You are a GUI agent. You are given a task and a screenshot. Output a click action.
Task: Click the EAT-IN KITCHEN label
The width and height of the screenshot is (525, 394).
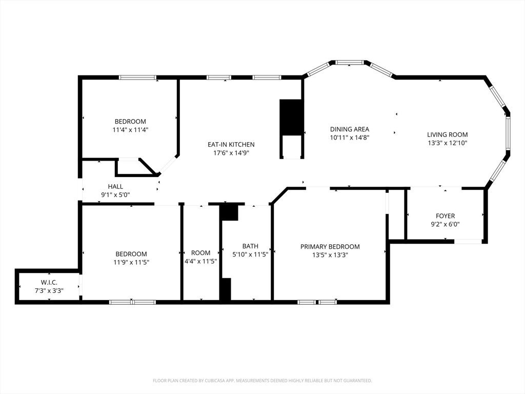pos(231,145)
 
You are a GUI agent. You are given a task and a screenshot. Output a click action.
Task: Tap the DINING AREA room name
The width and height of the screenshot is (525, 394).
pos(349,129)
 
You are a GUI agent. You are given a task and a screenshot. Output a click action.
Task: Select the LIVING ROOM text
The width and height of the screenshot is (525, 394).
pos(447,134)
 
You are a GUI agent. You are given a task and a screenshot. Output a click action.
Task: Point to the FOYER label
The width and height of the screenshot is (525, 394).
pos(445,216)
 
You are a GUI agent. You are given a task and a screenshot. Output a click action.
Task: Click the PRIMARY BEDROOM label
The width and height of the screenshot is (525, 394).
pos(330,247)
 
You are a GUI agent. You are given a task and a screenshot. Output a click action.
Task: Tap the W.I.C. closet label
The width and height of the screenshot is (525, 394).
pos(49,283)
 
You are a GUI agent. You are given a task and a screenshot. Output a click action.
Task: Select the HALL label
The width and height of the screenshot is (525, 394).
pos(115,187)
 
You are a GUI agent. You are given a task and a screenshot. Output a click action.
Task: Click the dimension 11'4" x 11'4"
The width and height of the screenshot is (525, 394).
pos(130,130)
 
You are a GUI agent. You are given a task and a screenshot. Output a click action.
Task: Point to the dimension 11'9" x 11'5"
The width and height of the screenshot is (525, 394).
pos(131,262)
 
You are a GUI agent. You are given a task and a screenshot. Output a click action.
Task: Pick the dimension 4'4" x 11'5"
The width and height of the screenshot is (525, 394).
pos(200,261)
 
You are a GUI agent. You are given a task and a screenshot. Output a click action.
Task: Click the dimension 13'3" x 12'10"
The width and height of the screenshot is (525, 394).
pos(447,143)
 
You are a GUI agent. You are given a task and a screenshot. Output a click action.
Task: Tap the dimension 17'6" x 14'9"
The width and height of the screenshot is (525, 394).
pos(231,153)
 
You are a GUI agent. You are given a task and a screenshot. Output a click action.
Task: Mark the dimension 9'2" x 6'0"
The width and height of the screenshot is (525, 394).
pos(445,224)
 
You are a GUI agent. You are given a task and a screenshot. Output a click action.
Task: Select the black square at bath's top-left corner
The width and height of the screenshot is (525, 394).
pos(229,212)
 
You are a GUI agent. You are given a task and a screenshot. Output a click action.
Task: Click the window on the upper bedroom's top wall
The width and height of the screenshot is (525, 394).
pos(137,77)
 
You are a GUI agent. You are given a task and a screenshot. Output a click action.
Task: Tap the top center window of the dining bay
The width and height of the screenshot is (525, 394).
pos(350,62)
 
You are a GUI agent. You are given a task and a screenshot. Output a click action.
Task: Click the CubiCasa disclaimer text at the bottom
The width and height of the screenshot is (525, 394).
pos(262,381)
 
